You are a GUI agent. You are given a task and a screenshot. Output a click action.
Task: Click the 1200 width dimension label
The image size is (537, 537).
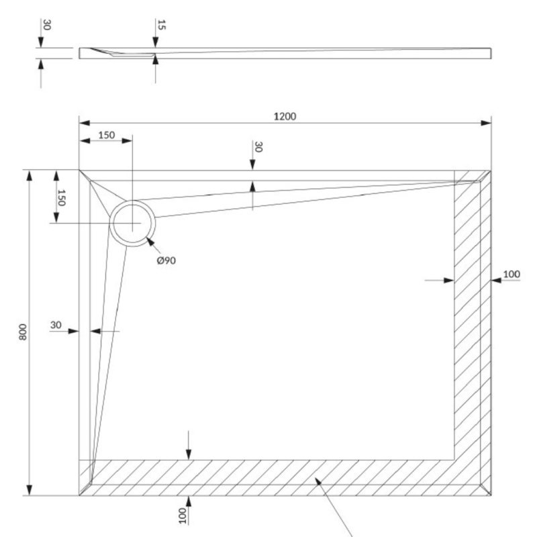pos(285,116)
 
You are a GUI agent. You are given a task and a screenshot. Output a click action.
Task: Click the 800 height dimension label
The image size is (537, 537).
pos(23,332)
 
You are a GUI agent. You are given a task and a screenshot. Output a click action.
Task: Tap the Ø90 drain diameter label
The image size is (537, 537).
pos(166,260)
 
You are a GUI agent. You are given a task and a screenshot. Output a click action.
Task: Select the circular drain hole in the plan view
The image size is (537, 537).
pos(132,223)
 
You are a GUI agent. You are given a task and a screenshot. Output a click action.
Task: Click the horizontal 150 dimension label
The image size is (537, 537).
pos(107,136)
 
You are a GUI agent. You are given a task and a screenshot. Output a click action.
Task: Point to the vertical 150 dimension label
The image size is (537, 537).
pos(61,198)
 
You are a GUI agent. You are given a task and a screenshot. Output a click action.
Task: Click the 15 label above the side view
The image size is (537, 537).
pos(161,25)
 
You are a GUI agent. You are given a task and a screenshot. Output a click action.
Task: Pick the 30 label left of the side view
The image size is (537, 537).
pos(47,25)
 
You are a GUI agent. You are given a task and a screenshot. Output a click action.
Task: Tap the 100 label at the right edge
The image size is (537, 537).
pos(511,274)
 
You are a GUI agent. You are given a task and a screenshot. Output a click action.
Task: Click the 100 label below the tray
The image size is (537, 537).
pos(183,516)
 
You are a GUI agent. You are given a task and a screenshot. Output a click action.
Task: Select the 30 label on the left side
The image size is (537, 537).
pos(56,325)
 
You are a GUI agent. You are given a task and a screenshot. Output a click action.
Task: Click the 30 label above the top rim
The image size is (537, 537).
pos(258,147)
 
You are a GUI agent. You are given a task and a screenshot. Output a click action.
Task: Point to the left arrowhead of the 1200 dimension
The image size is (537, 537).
pos(85,123)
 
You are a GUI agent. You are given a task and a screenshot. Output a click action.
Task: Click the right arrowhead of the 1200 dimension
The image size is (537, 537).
pos(485,123)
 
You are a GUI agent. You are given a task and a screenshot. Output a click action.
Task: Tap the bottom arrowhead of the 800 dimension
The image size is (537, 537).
pos(30,490)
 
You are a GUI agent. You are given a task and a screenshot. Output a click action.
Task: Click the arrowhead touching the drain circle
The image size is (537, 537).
pos(150,241)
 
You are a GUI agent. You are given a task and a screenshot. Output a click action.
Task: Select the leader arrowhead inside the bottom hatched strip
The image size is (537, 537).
pos(318,482)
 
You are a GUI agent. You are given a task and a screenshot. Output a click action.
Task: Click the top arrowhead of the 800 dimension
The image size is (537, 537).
pos(30,175)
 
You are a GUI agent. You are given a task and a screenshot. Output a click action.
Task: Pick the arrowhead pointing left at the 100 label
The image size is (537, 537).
pos(496,281)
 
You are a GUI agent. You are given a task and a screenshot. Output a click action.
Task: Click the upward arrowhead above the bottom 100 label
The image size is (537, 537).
pos(189,501)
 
